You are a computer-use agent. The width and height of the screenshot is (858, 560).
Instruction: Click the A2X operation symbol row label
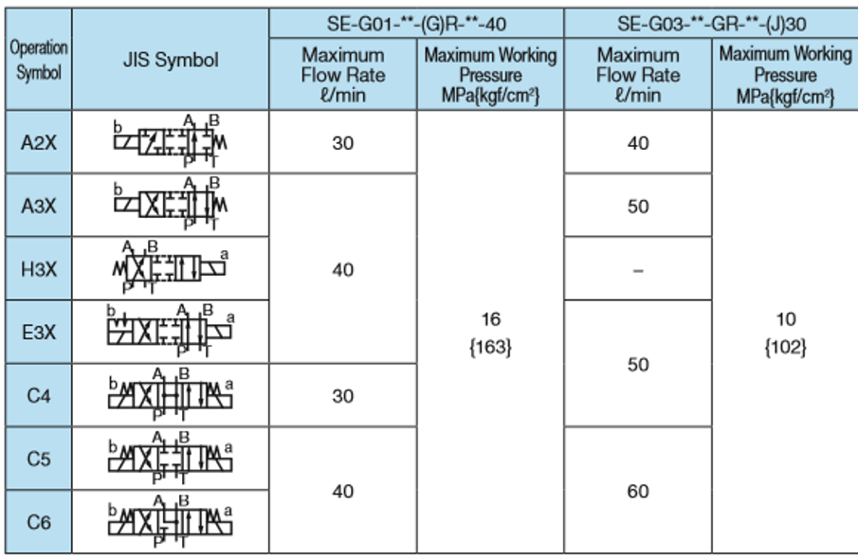tap(38, 143)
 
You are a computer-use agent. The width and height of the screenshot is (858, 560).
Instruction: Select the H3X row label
tap(38, 269)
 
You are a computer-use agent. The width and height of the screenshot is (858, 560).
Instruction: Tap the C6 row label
tap(38, 521)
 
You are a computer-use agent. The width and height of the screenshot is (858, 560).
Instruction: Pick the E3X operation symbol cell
tap(38, 333)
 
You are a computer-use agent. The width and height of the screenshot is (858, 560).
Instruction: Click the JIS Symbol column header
tap(171, 61)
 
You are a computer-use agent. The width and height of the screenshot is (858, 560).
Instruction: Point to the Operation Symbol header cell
tap(38, 61)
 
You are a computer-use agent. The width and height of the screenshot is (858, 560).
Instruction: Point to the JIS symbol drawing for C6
tap(171, 519)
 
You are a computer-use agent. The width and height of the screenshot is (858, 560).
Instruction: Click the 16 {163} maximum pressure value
tap(490, 333)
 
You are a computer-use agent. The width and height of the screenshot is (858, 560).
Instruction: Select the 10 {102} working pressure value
tap(785, 333)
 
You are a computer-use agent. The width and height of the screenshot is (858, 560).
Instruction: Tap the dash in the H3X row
tap(638, 270)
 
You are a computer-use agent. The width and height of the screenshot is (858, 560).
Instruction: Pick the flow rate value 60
tap(638, 491)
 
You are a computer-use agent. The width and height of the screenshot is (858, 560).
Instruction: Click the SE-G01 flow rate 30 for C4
tap(342, 396)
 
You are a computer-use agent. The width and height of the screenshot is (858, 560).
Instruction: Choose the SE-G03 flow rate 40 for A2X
tap(638, 143)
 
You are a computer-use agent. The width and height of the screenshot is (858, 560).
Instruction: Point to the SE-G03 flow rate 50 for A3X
tap(638, 207)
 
